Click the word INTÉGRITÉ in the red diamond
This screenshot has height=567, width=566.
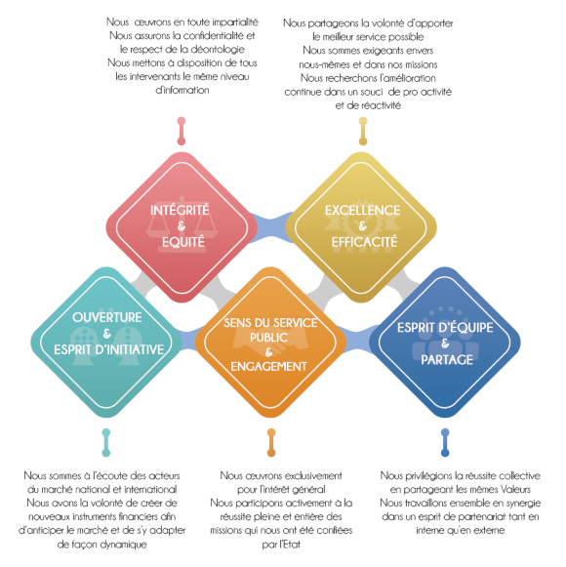pos(180,210)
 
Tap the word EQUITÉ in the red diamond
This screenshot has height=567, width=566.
pos(183,242)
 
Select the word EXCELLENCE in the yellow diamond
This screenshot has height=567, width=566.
pos(362,211)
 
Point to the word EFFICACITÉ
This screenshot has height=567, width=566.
pos(364,242)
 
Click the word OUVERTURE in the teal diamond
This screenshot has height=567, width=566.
pos(107,317)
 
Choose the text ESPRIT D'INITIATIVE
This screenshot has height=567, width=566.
pos(109,349)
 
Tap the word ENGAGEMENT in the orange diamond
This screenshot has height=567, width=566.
pos(268,367)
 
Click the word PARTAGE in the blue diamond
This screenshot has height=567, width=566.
pos(447,360)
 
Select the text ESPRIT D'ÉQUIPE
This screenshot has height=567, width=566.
pos(445,328)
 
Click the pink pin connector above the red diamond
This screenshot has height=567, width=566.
pos(182,131)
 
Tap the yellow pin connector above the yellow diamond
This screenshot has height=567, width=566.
pos(363,131)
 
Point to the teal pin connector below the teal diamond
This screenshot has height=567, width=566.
pos(106,443)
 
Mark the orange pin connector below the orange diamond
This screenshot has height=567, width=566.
pos(271,443)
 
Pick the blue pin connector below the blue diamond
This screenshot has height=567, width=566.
pos(445,443)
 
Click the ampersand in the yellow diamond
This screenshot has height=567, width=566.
pos(362,226)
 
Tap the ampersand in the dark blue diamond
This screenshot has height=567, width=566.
pos(445,344)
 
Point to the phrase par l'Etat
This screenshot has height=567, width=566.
pos(281,545)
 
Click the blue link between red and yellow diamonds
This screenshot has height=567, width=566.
pos(271,227)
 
